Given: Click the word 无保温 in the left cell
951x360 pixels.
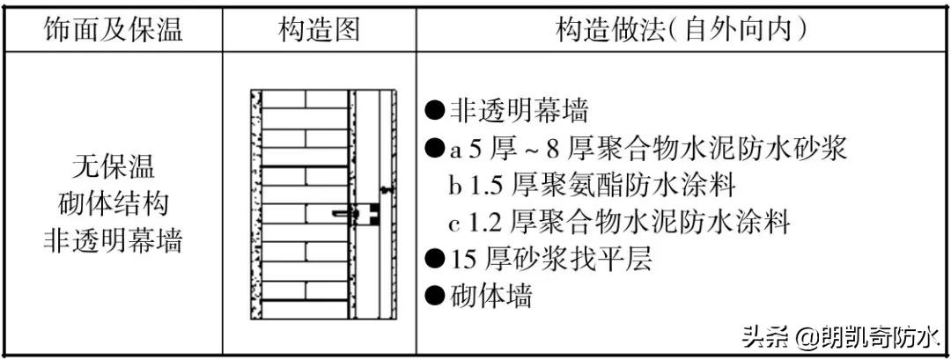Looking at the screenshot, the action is (x=114, y=165).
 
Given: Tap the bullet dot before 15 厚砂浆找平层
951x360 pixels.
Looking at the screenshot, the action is (x=434, y=259).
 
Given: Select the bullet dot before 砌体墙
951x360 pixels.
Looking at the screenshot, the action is (x=434, y=296).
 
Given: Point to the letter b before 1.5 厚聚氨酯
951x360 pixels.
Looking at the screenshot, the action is (x=455, y=186).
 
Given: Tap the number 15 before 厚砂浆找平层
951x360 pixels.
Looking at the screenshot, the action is (x=465, y=260).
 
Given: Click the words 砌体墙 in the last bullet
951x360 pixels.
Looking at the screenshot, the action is (x=491, y=296).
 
